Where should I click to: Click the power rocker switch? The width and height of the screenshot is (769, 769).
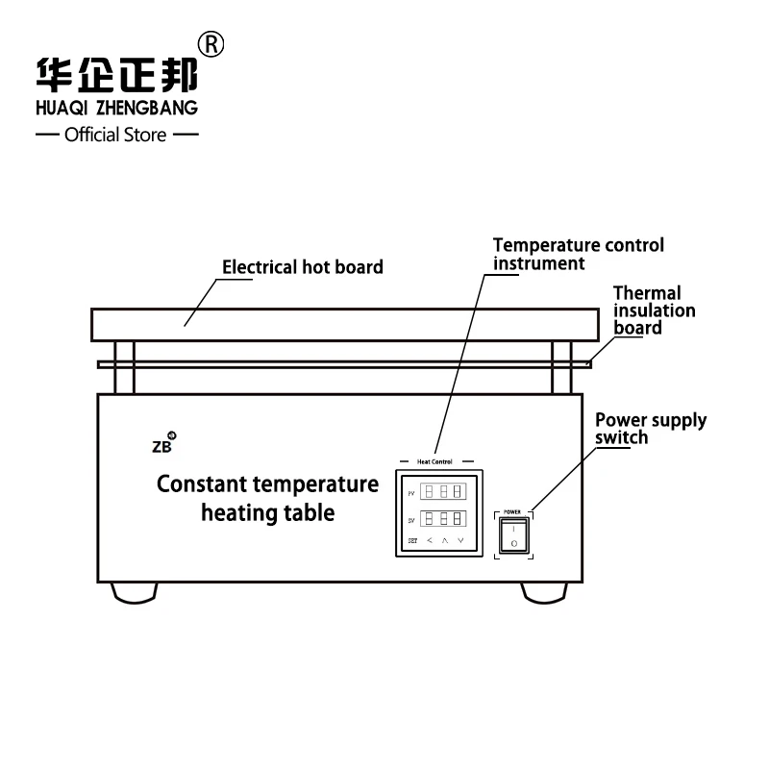click(x=512, y=535)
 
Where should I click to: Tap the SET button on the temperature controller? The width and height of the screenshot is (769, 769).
click(x=412, y=541)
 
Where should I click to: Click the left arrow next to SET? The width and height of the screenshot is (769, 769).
click(x=430, y=541)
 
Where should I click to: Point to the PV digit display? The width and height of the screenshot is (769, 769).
click(x=443, y=490)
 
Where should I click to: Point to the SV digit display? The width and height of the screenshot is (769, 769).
click(x=443, y=519)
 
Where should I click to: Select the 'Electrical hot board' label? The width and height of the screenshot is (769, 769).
click(x=303, y=267)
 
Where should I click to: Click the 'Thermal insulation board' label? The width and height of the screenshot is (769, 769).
click(x=654, y=310)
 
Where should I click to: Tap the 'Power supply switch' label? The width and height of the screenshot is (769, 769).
click(x=650, y=429)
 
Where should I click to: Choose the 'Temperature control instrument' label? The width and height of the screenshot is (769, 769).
click(x=578, y=255)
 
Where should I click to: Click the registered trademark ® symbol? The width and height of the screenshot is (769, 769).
click(x=211, y=44)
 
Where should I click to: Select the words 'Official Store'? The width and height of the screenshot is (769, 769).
click(x=115, y=136)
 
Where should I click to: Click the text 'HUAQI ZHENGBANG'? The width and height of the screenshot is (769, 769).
click(x=116, y=108)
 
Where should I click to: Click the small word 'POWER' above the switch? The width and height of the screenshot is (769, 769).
click(x=512, y=512)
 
